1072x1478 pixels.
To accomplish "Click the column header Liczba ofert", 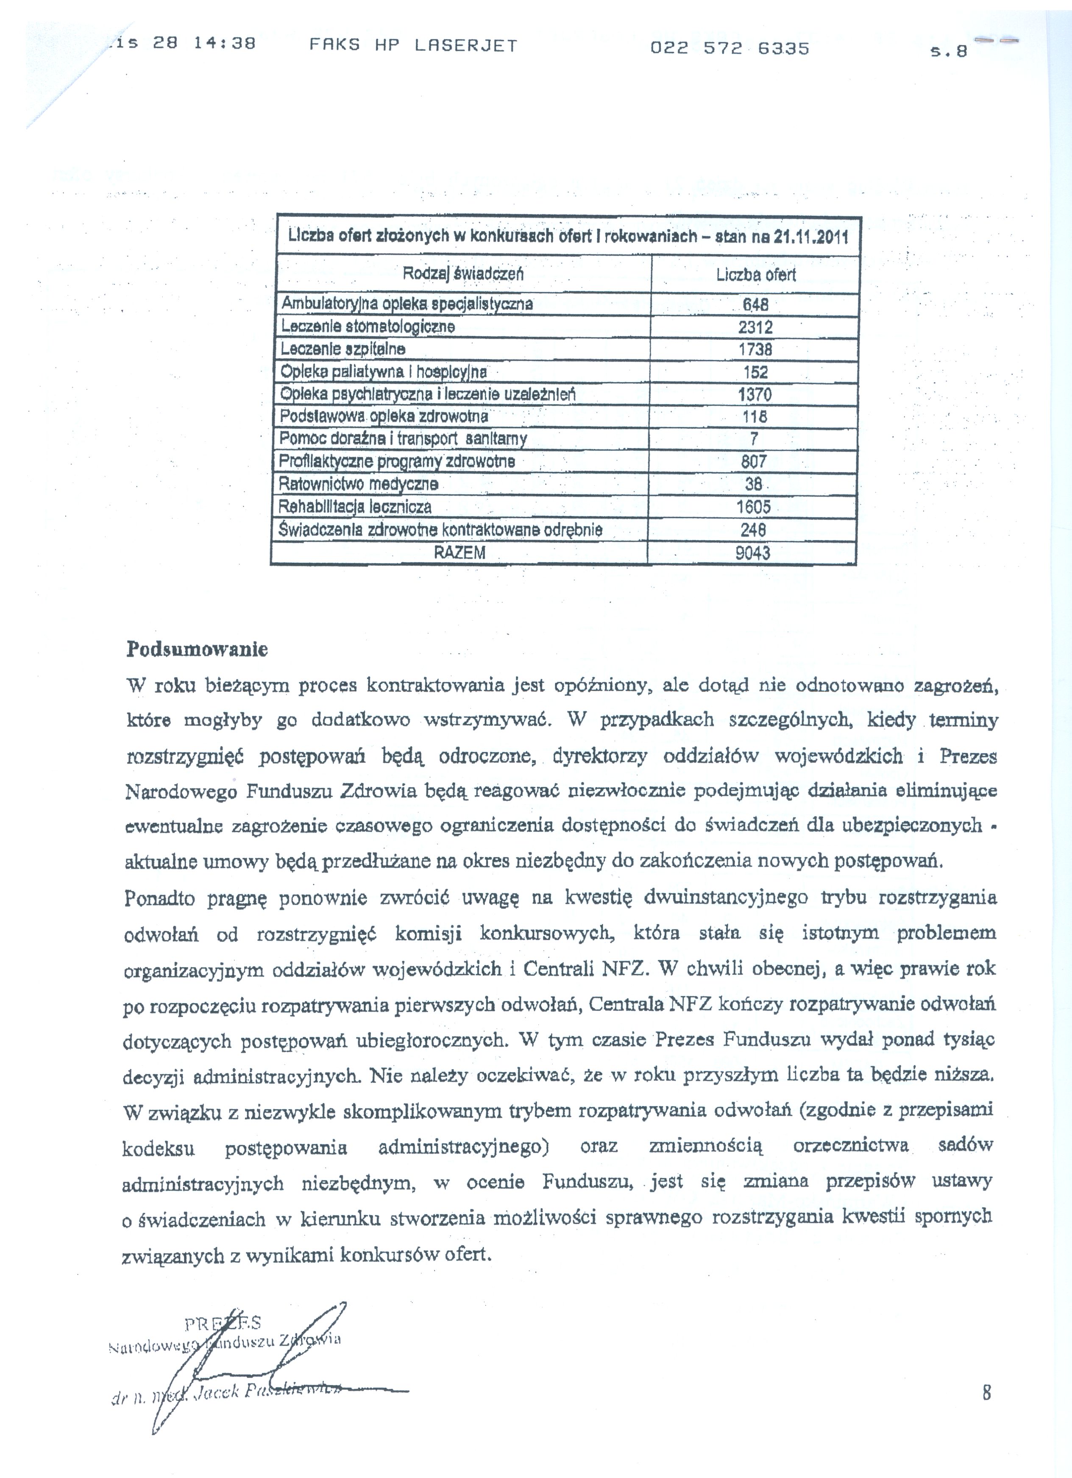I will (x=756, y=274).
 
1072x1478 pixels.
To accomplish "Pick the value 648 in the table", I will (x=755, y=304).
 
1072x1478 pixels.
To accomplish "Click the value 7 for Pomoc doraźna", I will (x=754, y=438).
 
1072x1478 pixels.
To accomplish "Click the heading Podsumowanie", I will (x=197, y=650).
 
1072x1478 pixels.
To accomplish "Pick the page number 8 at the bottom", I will (x=987, y=1393).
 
